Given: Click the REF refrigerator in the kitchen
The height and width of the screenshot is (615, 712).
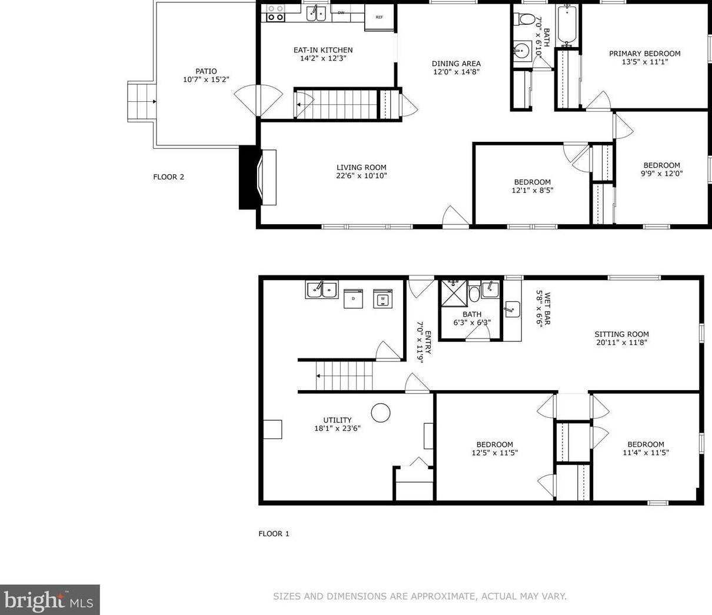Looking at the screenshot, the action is tap(380, 17).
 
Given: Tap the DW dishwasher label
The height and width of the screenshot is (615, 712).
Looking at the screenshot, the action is tap(341, 13).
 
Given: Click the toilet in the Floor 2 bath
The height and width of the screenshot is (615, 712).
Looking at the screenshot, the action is tap(522, 19).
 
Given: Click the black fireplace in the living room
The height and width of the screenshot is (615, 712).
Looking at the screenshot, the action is tap(248, 177).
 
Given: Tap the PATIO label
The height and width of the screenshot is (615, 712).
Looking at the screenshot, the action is tap(206, 71).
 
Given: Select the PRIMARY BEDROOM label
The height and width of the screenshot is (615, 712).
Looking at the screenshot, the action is tap(645, 54).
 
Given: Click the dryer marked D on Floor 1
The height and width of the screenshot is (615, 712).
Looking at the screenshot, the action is tap(353, 298).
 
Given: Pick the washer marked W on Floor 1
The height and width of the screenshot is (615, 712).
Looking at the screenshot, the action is tap(382, 298).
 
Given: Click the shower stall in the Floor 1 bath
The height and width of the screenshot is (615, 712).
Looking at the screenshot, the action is tap(455, 293).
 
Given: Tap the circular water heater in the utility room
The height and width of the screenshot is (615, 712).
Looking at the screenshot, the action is tap(381, 413).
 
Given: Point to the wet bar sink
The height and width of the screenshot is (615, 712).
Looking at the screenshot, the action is tap(513, 309).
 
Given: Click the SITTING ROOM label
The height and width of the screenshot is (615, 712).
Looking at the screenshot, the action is tap(622, 334).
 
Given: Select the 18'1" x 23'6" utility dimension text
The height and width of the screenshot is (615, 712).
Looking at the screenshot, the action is tap(337, 428).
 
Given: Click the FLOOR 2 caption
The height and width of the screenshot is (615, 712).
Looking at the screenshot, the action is tap(169, 177).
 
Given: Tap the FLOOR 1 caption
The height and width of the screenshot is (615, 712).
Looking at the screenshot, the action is tap(274, 534).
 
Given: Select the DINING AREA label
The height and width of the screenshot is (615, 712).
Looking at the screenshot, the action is tap(457, 64).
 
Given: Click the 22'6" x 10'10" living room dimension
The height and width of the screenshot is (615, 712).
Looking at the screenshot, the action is tap(362, 176).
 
